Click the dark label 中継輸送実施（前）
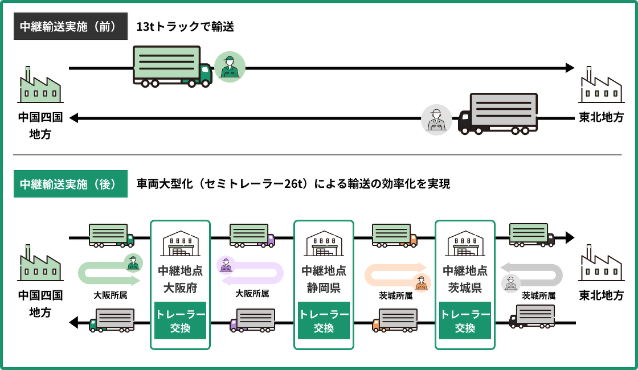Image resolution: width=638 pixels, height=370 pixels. pyautogui.click(x=71, y=26)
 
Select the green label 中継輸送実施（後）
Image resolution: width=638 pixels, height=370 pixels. pyautogui.click(x=71, y=184)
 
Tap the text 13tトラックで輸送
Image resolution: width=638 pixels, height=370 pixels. pyautogui.click(x=185, y=26)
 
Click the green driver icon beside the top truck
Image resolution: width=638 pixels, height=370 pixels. pyautogui.click(x=230, y=67)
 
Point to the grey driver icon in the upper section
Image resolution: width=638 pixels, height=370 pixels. pyautogui.click(x=436, y=119)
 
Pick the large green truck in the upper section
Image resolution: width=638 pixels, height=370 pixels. pyautogui.click(x=171, y=67)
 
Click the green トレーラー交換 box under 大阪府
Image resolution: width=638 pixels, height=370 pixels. pyautogui.click(x=180, y=321)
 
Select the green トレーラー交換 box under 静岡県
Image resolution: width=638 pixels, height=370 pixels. pyautogui.click(x=324, y=321)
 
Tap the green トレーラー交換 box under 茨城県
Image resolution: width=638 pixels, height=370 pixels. pyautogui.click(x=465, y=321)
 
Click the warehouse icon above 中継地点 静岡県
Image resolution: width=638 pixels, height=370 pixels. pyautogui.click(x=324, y=244)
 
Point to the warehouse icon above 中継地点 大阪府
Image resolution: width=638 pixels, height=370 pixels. pyautogui.click(x=180, y=244)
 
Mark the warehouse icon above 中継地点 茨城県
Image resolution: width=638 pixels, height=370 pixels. pyautogui.click(x=465, y=244)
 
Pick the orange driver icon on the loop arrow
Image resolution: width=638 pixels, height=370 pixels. pyautogui.click(x=422, y=282)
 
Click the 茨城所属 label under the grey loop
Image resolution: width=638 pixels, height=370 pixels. pyautogui.click(x=538, y=296)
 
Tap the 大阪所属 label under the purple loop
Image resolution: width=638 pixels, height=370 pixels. pyautogui.click(x=252, y=294)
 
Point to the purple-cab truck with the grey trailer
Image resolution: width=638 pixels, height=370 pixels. pyautogui.click(x=252, y=320)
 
